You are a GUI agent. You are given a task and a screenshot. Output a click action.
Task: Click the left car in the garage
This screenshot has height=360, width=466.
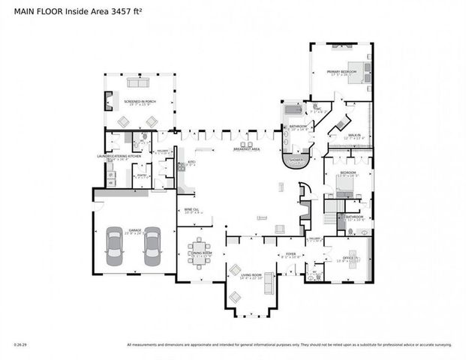click(x=116, y=247)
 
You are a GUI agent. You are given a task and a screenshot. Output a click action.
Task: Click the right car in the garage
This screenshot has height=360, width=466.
click(x=152, y=247)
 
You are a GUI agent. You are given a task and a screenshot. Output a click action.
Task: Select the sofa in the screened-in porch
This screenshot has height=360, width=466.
click(x=138, y=82)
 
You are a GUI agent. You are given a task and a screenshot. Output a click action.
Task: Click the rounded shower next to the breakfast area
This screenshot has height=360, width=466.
click(x=293, y=160)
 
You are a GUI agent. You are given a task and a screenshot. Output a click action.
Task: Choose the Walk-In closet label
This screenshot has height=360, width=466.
click(x=353, y=136)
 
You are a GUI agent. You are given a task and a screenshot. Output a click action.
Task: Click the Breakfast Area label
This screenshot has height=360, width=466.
click(x=246, y=149)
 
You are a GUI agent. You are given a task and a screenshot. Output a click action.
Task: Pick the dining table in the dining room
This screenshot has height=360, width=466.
click(x=200, y=249)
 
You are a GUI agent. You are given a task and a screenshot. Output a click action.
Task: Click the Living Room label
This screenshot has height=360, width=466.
click(x=251, y=276)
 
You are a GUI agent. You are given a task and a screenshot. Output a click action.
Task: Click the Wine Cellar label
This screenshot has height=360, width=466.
click(x=191, y=210)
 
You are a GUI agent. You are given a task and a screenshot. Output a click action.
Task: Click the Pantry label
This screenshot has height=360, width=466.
click(x=140, y=175)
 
